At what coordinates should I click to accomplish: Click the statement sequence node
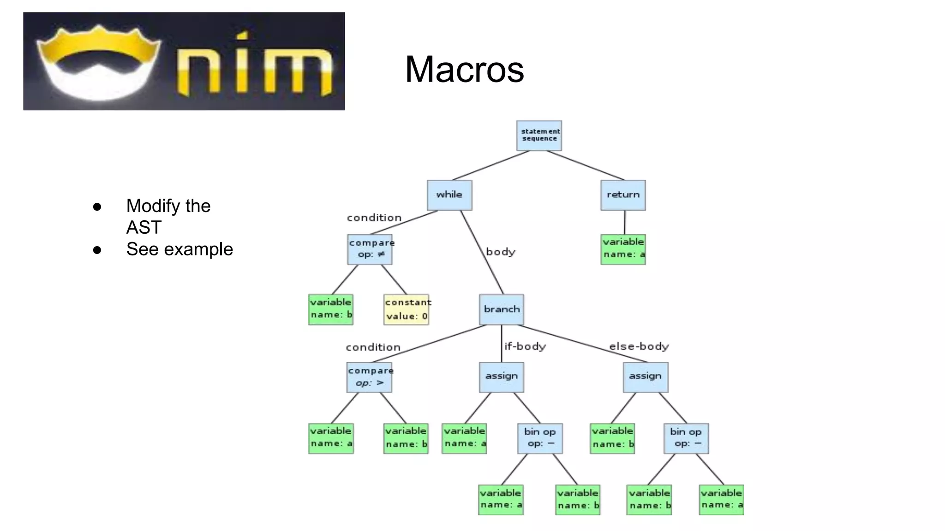[539, 136]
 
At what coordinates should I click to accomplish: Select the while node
[449, 195]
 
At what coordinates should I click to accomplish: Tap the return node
[623, 195]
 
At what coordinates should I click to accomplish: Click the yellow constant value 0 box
[407, 309]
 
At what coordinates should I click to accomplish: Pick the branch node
[502, 309]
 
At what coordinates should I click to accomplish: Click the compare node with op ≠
[370, 249]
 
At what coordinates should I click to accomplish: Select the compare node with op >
[370, 377]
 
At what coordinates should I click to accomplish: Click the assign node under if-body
[502, 377]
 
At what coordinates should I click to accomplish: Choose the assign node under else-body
[646, 377]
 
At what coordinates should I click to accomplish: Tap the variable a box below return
[623, 249]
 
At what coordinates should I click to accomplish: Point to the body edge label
[501, 252]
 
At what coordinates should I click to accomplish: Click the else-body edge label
[639, 346]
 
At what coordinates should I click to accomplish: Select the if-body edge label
[525, 346]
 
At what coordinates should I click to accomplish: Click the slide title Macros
[464, 69]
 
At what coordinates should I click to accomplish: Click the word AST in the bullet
[144, 227]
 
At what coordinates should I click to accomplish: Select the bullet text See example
[179, 249]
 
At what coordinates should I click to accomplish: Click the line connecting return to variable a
[624, 222]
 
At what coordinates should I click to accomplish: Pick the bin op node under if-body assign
[540, 438]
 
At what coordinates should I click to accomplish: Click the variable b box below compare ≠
[331, 309]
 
